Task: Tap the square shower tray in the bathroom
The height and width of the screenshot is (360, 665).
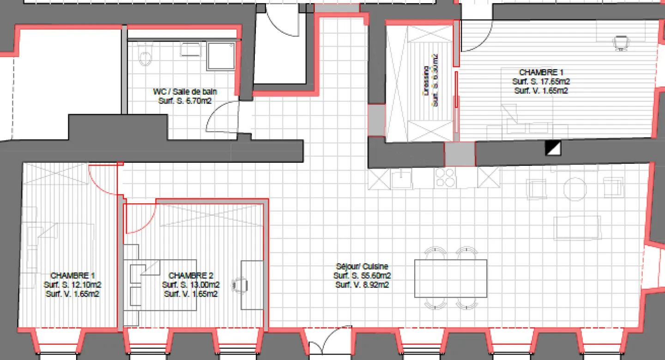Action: (x=221, y=56)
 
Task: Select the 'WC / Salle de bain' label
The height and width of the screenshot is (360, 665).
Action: (x=185, y=92)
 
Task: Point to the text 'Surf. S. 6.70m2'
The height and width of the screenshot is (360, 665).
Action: (x=185, y=100)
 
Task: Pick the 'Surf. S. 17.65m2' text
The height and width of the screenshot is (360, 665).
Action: (x=541, y=81)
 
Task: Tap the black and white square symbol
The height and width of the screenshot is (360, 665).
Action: (x=552, y=148)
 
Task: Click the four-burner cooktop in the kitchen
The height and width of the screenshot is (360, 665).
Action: (x=445, y=177)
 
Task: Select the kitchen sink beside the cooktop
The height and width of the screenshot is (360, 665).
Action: (x=402, y=178)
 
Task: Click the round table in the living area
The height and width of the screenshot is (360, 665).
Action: (x=574, y=189)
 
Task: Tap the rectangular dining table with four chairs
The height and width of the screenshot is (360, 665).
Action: (x=450, y=278)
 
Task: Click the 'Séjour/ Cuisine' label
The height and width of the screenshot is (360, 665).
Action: (x=362, y=267)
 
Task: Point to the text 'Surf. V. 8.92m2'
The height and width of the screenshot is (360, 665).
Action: (x=362, y=285)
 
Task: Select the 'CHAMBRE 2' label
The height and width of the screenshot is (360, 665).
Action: (x=191, y=275)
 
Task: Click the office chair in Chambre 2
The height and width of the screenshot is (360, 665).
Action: (x=239, y=284)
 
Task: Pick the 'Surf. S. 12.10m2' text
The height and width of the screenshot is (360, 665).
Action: (x=73, y=285)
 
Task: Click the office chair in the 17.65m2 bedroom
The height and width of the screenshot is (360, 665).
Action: (x=621, y=43)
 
